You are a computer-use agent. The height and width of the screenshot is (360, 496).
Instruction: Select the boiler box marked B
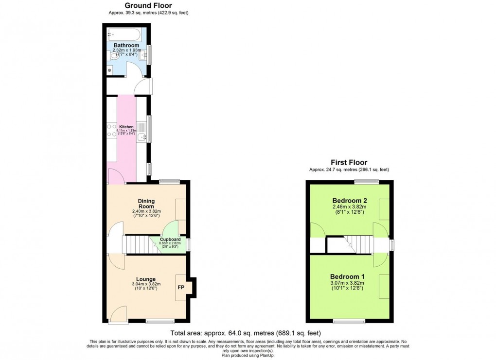click(109, 70)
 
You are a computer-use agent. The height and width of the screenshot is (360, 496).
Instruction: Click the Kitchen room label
click(126, 127)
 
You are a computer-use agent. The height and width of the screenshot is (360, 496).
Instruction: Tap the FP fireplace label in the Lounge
click(181, 288)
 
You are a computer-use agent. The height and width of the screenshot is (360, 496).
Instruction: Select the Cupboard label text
click(170, 240)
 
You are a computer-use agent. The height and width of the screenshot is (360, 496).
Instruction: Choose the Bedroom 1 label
click(348, 276)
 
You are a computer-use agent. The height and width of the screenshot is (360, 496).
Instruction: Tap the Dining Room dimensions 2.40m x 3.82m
click(146, 211)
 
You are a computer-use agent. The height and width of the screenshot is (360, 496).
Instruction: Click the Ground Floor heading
click(145, 5)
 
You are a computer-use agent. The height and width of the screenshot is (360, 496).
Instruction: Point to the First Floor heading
click(349, 163)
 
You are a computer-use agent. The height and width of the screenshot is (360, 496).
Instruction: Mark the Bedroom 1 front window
click(349, 321)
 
